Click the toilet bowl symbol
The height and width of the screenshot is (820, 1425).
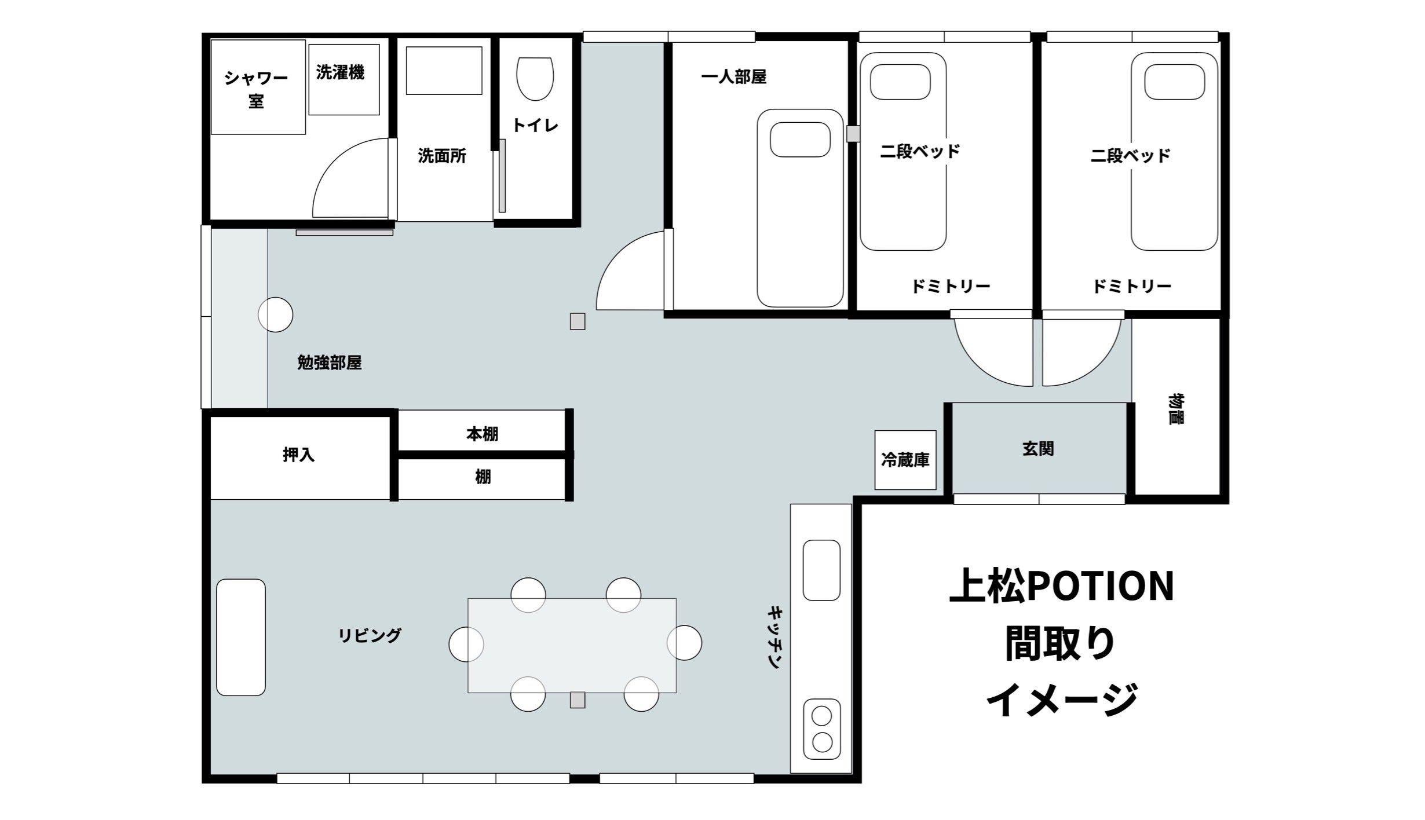[x=535, y=78]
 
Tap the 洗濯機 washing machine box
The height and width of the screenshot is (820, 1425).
[x=344, y=79]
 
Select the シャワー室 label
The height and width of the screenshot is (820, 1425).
[x=256, y=90]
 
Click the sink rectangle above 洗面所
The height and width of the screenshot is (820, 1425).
[x=444, y=71]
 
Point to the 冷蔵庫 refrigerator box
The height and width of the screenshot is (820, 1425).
[x=905, y=460]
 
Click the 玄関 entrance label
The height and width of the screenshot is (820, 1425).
[x=1038, y=449]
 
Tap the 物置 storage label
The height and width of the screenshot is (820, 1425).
[x=1175, y=409]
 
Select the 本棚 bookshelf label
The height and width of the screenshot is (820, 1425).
[x=483, y=434]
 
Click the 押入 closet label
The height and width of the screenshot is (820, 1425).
[x=299, y=455]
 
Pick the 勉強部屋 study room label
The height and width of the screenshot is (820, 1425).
[x=330, y=363]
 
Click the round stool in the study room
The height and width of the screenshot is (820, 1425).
[x=275, y=314]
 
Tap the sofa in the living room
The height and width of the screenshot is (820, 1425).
[x=241, y=637]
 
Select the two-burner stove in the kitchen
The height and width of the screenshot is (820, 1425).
[x=822, y=729]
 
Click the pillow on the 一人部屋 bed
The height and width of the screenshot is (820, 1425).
[x=800, y=140]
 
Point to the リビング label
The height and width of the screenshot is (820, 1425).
[x=370, y=635]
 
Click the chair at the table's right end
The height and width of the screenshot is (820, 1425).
[x=685, y=643]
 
